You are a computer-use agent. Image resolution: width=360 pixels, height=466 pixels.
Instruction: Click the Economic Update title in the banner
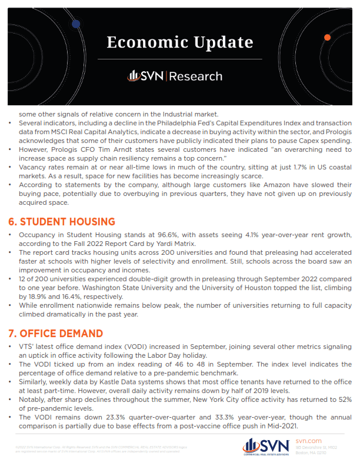(x=180, y=42)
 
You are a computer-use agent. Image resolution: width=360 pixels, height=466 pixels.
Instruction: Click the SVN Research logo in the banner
(x=175, y=76)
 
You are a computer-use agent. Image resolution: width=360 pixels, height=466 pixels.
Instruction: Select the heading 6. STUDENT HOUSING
(x=61, y=222)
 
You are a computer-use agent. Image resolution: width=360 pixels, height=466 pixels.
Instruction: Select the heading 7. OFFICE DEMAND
(x=56, y=334)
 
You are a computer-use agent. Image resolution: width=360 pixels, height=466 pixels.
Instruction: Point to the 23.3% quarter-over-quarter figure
(x=120, y=417)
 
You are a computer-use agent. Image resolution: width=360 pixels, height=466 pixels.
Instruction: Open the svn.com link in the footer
(x=308, y=440)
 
